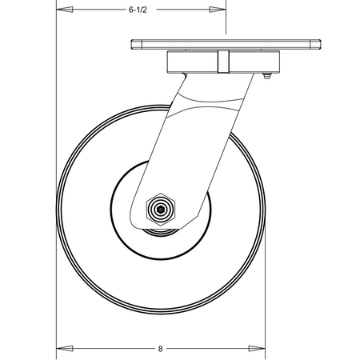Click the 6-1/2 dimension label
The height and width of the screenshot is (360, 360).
pyautogui.click(x=138, y=10)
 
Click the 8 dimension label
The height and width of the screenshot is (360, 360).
pyautogui.click(x=160, y=349)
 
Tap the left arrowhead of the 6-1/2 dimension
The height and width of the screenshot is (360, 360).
pyautogui.click(x=65, y=10)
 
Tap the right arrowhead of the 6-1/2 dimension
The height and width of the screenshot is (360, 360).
pyautogui.click(x=218, y=10)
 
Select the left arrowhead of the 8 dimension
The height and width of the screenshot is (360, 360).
pyautogui.click(x=65, y=349)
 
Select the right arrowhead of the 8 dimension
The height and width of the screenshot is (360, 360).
pyautogui.click(x=257, y=349)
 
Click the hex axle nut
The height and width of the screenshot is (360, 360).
pyautogui.click(x=161, y=210)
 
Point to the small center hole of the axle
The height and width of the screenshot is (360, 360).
pyautogui.click(x=161, y=210)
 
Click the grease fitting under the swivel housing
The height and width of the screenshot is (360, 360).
pyautogui.click(x=267, y=76)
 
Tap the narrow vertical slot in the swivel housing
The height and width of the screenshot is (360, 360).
pyautogui.click(x=223, y=62)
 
